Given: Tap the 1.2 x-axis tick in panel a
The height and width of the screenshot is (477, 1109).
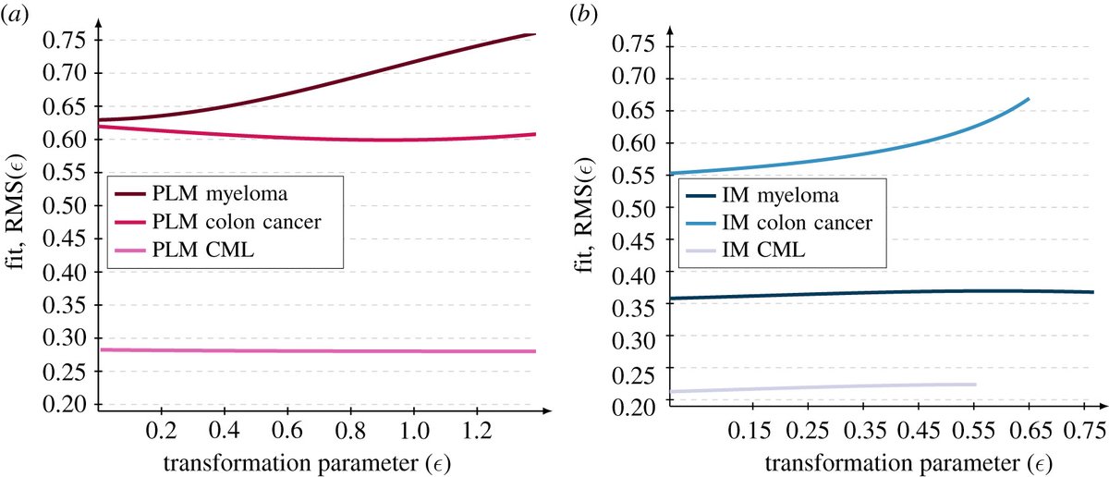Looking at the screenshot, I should click(x=476, y=432).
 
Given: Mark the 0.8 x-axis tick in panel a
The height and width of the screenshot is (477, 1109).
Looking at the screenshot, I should click(x=349, y=432).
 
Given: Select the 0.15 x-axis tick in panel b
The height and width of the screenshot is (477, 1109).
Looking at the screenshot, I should click(x=750, y=432).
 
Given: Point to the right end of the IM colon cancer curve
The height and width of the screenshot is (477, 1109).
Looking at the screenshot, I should click(x=1029, y=99).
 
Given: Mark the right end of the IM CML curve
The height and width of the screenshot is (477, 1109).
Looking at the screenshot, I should click(x=975, y=385).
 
